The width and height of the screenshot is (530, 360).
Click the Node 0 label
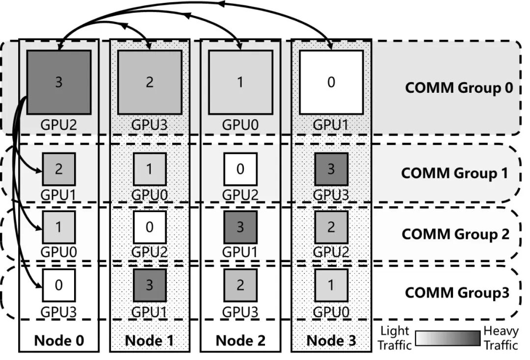pyautogui.click(x=58, y=340)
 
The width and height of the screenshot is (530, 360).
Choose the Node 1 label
pyautogui.click(x=149, y=340)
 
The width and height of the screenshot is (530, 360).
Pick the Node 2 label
pyautogui.click(x=240, y=340)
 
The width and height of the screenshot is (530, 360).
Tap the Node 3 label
pyautogui.click(x=331, y=340)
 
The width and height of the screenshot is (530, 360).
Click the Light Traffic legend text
pyautogui.click(x=395, y=338)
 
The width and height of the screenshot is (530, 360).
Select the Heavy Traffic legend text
pyautogui.click(x=501, y=338)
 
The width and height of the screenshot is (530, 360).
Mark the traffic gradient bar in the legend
pyautogui.click(x=447, y=339)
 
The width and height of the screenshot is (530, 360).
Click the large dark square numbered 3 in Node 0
pyautogui.click(x=59, y=82)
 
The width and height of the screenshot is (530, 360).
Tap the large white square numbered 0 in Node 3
pyautogui.click(x=331, y=82)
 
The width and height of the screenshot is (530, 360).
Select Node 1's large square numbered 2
pyautogui.click(x=150, y=82)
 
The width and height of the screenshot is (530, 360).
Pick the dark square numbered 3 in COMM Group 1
pyautogui.click(x=331, y=169)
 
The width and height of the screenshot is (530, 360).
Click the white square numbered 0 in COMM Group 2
pyautogui.click(x=150, y=227)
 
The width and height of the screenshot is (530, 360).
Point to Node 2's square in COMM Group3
pyautogui.click(x=240, y=285)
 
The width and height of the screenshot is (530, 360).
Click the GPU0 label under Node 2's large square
pyautogui.click(x=240, y=124)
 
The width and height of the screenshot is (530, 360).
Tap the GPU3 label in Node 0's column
pyautogui.click(x=58, y=311)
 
